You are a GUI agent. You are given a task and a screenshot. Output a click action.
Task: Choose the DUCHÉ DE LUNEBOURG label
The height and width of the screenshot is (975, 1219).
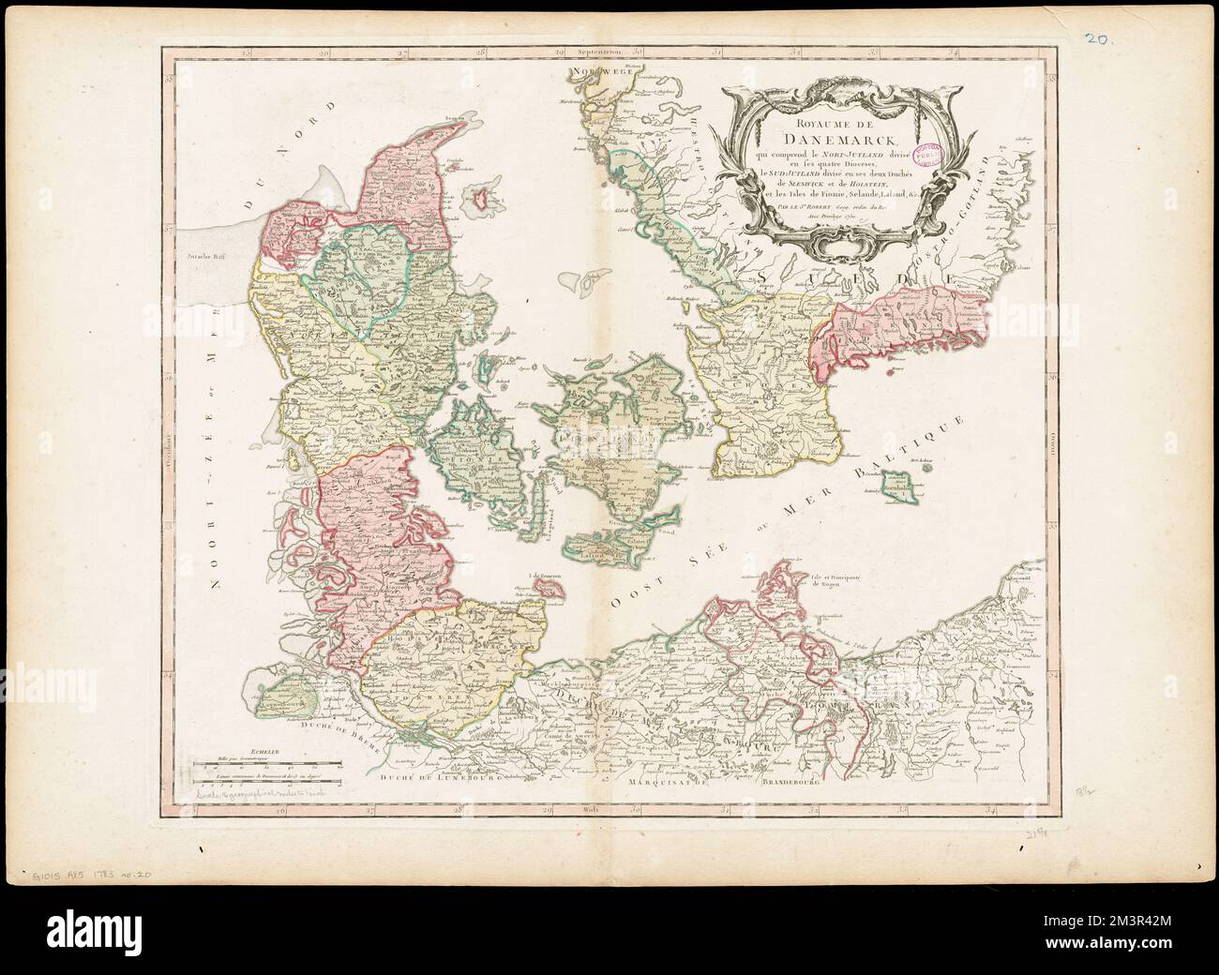click(441, 777)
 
